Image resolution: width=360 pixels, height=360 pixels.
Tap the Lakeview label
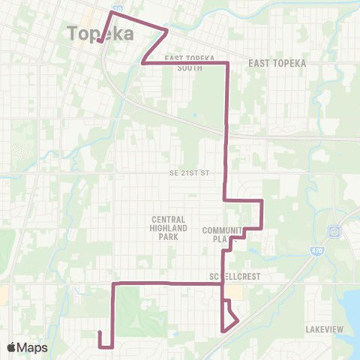click(324, 329)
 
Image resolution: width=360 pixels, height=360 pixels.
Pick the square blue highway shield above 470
click(334, 230)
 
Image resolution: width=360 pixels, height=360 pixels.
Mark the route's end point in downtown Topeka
click(100, 42)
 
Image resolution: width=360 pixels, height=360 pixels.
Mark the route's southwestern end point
click(99, 331)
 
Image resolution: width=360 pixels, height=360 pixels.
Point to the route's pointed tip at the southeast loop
click(238, 321)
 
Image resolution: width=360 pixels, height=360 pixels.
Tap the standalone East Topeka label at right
click(277, 63)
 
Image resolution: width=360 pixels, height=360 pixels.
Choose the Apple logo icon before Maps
click(11, 347)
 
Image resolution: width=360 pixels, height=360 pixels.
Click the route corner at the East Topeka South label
click(226, 64)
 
